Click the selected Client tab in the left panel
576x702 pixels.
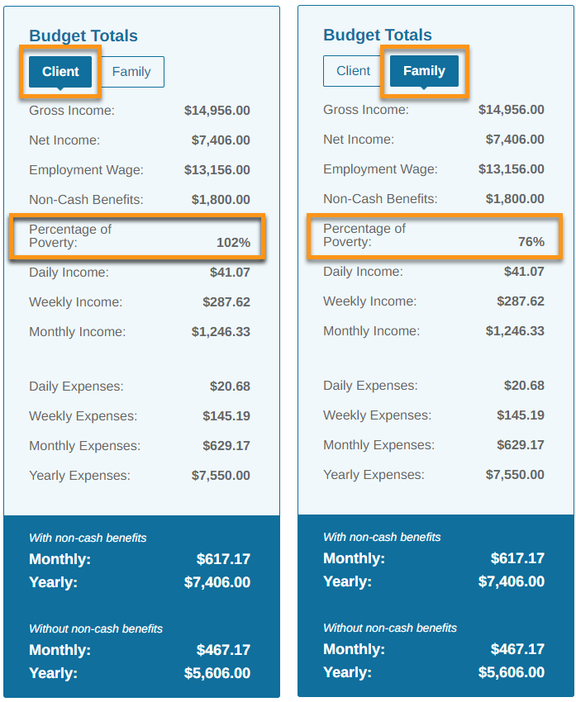(60, 72)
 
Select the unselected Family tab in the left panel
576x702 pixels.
(131, 72)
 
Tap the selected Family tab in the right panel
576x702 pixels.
(424, 71)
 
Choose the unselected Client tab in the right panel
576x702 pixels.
(354, 71)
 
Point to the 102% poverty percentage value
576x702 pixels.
(233, 243)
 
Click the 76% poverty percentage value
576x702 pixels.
(531, 242)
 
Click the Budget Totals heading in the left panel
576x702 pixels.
(83, 36)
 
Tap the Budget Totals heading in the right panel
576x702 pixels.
(378, 35)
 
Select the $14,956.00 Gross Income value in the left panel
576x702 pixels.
(217, 111)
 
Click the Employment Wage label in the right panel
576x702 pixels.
(381, 169)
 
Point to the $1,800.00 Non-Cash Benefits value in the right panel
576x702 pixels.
(515, 199)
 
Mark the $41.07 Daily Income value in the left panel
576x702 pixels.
(231, 273)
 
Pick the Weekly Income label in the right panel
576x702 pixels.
(370, 301)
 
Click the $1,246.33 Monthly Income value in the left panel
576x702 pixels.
(221, 332)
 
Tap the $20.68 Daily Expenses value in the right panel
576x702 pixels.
(525, 386)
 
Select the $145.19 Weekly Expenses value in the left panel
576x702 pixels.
(226, 416)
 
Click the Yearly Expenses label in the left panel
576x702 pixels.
(79, 476)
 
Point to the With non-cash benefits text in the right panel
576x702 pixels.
(382, 537)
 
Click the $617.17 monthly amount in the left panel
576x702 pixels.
(223, 559)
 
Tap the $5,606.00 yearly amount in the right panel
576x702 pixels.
(512, 672)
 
